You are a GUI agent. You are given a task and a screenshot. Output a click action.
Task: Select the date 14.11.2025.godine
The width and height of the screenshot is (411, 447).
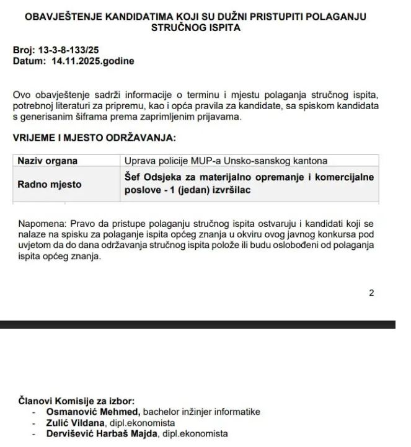[x=93, y=61]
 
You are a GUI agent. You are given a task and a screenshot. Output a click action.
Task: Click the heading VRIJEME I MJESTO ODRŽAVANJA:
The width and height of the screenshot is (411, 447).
[x=94, y=137]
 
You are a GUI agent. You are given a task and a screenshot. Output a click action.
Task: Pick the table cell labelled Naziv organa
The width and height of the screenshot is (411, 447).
[x=48, y=161]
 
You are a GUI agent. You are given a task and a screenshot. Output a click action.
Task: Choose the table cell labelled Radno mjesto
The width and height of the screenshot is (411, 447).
[x=49, y=184]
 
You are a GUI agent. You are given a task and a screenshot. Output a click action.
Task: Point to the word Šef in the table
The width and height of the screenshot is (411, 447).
[x=134, y=177]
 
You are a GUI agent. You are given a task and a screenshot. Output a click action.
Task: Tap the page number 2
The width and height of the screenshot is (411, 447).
[x=371, y=293]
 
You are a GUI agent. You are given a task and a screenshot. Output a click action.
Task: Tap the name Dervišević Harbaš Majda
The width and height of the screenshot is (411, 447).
[x=102, y=434]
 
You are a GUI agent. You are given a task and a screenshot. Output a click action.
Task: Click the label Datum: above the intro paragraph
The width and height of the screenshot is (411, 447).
[x=29, y=61]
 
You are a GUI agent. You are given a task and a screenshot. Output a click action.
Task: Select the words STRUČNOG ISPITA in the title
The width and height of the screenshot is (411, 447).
[x=195, y=28]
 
